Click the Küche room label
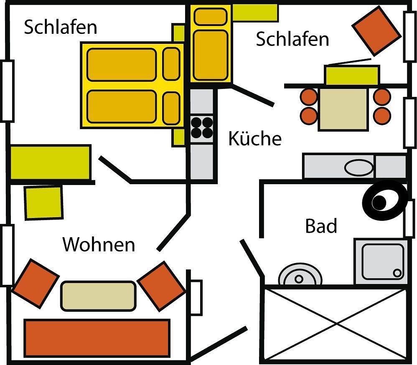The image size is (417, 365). point(254,139)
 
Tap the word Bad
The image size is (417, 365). point(321,226)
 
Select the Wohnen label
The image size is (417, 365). point(99,244)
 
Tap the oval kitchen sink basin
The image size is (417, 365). point(359,167)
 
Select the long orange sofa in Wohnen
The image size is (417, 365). point(97,337)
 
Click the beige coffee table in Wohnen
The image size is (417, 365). point(99,296)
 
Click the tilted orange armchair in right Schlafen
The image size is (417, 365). point(376,30)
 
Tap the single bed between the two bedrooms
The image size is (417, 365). point(211,43)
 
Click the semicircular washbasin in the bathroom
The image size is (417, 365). point(300,276)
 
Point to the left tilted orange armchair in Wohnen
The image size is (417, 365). point(36,283)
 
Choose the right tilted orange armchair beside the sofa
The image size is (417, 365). point(161,286)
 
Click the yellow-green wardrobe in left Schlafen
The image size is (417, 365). point(50,162)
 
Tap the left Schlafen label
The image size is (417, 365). point(61,28)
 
